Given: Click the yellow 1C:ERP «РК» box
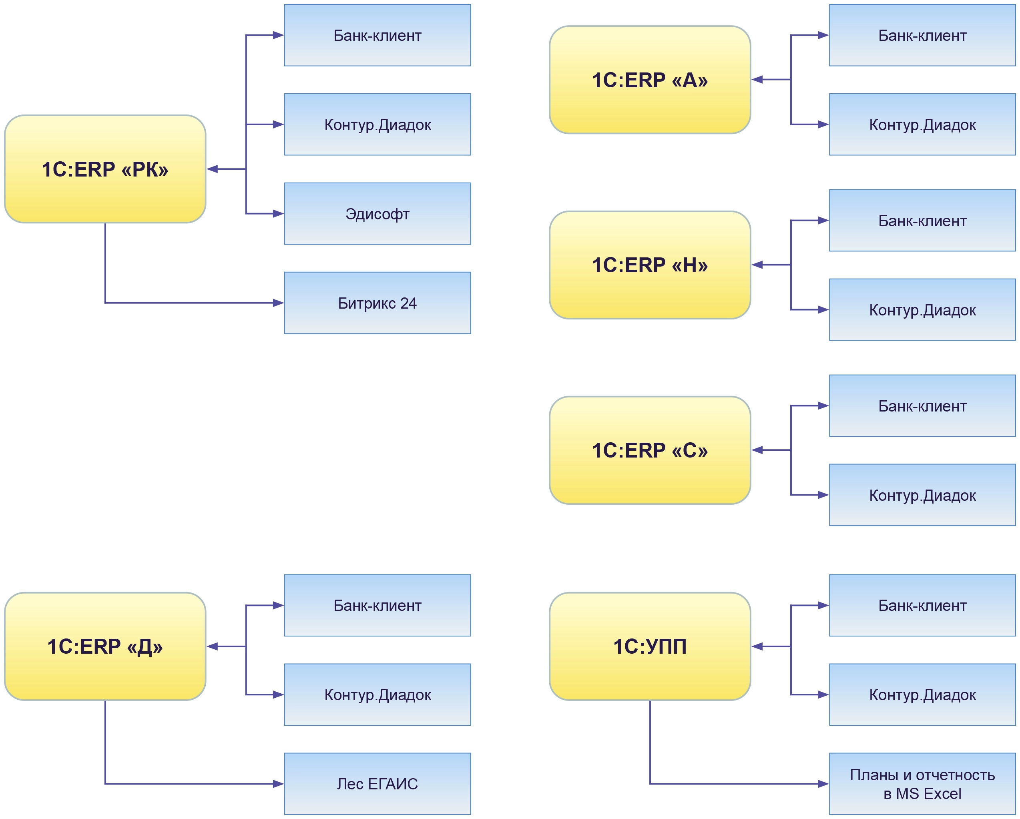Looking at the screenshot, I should pyautogui.click(x=104, y=169).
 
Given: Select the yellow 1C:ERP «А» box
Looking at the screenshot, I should pyautogui.click(x=650, y=80).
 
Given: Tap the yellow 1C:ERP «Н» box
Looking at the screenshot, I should pyautogui.click(x=650, y=265).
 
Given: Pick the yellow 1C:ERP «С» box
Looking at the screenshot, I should pyautogui.click(x=650, y=450).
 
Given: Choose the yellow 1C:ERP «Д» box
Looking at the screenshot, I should pyautogui.click(x=104, y=646).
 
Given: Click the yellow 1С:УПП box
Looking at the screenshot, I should pyautogui.click(x=650, y=646).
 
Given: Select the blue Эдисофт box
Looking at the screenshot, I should pyautogui.click(x=377, y=213).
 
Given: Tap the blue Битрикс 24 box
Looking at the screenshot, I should pyautogui.click(x=377, y=303).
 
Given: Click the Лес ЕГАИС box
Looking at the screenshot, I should pyautogui.click(x=377, y=784).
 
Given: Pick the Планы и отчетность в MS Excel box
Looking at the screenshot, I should pyautogui.click(x=922, y=784).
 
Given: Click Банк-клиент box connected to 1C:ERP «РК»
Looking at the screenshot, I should pyautogui.click(x=377, y=35).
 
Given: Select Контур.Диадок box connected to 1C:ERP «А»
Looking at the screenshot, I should pyautogui.click(x=922, y=124).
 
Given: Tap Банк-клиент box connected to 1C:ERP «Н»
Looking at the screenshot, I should pyautogui.click(x=922, y=221).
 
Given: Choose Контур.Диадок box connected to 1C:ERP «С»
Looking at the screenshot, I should pyautogui.click(x=922, y=495).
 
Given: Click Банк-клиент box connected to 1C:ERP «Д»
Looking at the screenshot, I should pyautogui.click(x=377, y=605).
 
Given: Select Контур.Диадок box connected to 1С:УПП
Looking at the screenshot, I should pyautogui.click(x=922, y=695).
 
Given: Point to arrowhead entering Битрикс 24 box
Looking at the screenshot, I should pyautogui.click(x=278, y=303).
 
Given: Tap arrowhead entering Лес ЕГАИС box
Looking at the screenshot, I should pyautogui.click(x=278, y=784).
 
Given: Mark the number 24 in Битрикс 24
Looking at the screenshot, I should pyautogui.click(x=408, y=303).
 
